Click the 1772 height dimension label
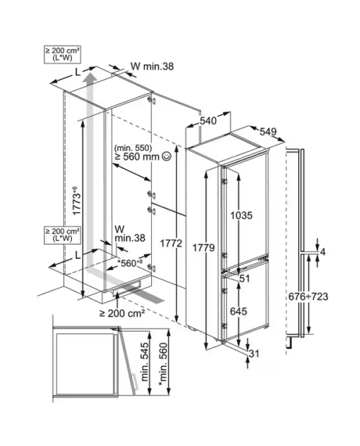point(171,243)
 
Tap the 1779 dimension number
point(204,248)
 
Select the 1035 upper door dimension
point(241,215)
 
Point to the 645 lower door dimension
point(238,311)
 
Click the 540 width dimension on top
point(208,121)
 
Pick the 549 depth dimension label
point(268,132)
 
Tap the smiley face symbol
point(166,156)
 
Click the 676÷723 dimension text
point(308,296)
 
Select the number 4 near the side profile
point(323,252)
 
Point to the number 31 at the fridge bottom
point(254,353)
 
